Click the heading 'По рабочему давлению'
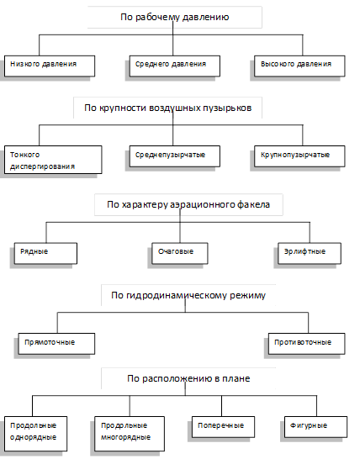[x=175, y=17]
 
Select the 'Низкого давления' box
[x=50, y=66]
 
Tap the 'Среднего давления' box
[x=175, y=66]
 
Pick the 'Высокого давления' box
[x=299, y=66]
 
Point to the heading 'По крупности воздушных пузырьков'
[x=168, y=108]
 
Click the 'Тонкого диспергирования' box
[x=53, y=160]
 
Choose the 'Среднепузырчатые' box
[x=175, y=156]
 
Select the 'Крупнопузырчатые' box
[x=299, y=156]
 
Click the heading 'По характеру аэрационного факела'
[x=188, y=204]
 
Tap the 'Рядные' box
[x=45, y=253]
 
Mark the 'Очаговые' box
[x=180, y=253]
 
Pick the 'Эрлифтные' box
[x=310, y=253]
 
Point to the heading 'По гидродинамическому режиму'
[x=188, y=295]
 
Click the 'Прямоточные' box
[x=56, y=344]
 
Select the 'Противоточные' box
[x=307, y=344]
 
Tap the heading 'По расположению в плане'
[x=188, y=378]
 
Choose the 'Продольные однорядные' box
[x=35, y=434]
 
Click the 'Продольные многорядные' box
[x=130, y=434]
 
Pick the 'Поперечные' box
[x=223, y=427]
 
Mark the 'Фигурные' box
[x=315, y=427]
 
